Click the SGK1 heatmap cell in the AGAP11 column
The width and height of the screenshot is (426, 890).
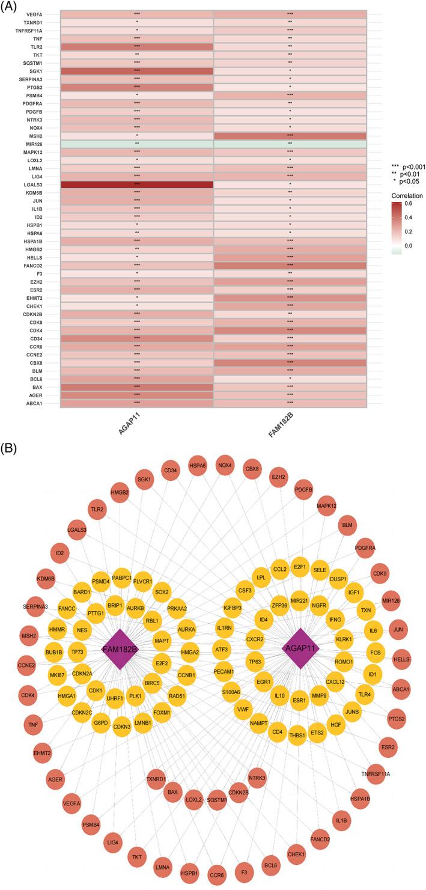[137, 71]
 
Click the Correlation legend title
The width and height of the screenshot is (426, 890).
[406, 196]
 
